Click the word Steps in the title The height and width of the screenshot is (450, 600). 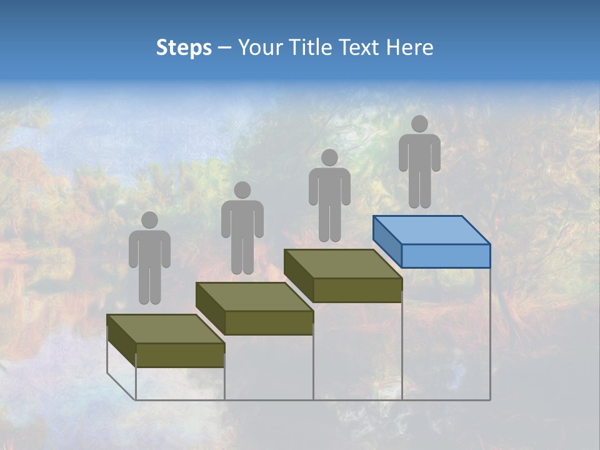click(184, 47)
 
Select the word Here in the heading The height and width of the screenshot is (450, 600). click(409, 47)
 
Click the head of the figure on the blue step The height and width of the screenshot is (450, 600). click(419, 124)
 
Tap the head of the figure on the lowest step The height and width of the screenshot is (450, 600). click(149, 220)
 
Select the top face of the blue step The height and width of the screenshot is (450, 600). click(431, 230)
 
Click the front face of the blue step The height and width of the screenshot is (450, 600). click(446, 256)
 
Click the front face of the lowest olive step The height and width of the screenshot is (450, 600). click(180, 355)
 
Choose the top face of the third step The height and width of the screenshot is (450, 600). click(342, 264)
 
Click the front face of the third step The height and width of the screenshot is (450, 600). click(357, 290)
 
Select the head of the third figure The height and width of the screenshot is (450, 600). click(329, 157)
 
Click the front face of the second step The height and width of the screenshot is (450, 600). click(269, 322)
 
